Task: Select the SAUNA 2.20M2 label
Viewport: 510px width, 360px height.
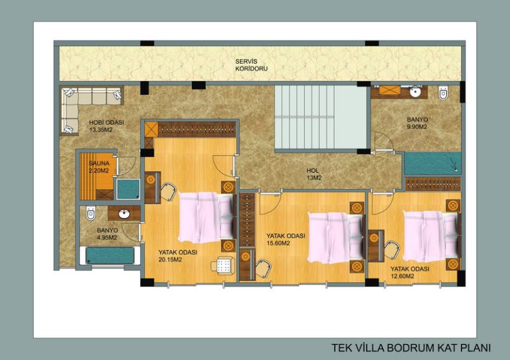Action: click(x=99, y=167)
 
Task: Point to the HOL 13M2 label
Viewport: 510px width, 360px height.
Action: click(x=314, y=174)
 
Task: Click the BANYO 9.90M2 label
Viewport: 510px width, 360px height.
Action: click(x=417, y=124)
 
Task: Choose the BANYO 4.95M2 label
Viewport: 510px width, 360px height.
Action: click(x=108, y=234)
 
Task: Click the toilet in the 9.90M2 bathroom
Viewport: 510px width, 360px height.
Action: click(x=443, y=92)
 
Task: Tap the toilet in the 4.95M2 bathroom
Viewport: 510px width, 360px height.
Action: click(x=91, y=213)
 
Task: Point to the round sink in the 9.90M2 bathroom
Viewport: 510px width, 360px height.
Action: click(x=415, y=92)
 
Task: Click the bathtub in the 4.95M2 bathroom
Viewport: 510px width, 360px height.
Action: click(x=110, y=256)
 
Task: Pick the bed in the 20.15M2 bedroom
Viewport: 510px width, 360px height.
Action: click(x=207, y=217)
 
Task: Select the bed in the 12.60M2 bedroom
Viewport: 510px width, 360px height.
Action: click(x=432, y=236)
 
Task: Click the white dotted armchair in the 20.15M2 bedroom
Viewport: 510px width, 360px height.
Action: click(x=223, y=265)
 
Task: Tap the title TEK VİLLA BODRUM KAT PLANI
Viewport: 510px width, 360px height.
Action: click(x=411, y=347)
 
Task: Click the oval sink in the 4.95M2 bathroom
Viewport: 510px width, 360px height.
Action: click(x=124, y=214)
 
